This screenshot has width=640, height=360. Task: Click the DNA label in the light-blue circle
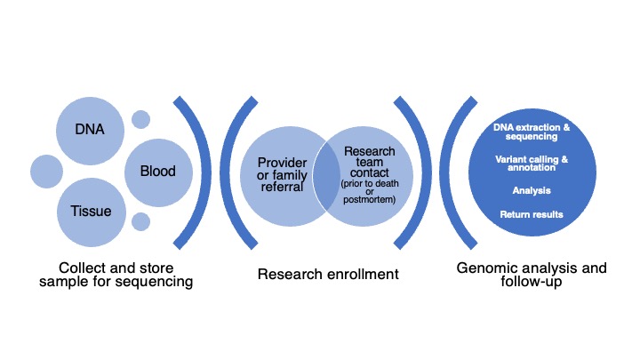(90, 130)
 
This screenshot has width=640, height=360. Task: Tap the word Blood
(158, 171)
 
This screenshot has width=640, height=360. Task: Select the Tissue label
(91, 211)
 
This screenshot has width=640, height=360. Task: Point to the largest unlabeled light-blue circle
(46, 172)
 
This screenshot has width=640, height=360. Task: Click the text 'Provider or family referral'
(282, 175)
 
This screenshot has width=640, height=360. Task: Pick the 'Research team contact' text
(370, 162)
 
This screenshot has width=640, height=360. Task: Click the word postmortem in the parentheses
(369, 200)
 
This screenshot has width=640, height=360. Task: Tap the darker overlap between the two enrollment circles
(326, 176)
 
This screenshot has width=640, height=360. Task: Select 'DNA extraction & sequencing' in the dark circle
(532, 132)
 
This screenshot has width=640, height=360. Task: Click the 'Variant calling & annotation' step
(532, 164)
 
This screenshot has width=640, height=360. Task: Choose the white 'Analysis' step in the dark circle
(532, 190)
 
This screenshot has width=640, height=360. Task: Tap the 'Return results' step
(532, 214)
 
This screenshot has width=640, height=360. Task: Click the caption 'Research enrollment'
(328, 275)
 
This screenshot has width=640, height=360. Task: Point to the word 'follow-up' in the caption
(532, 281)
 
